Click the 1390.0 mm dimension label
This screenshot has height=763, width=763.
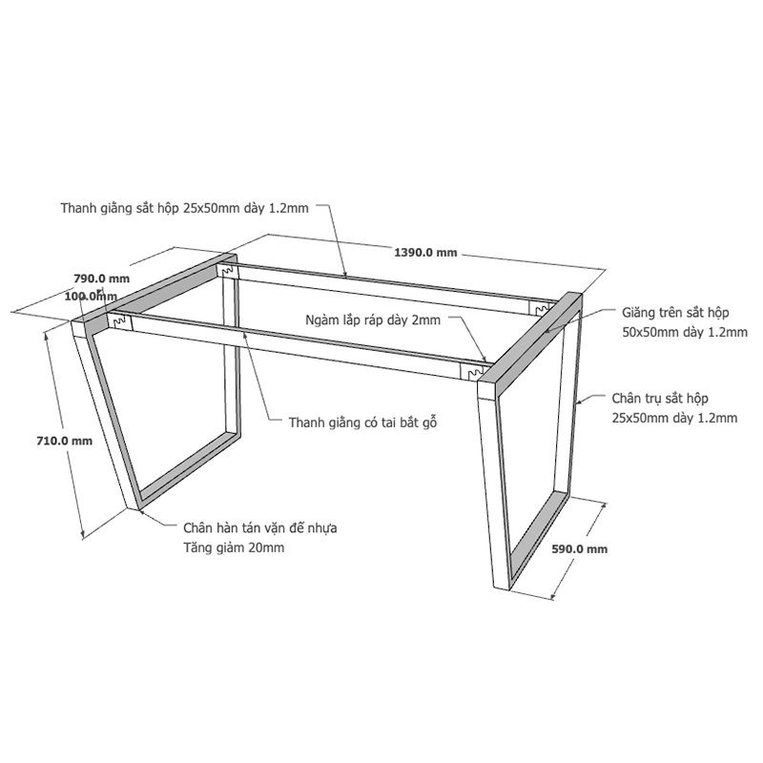(x=425, y=252)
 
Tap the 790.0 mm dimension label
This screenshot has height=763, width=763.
(x=102, y=278)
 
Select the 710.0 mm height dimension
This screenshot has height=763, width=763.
(x=64, y=441)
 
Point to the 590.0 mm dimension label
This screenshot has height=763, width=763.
(x=580, y=549)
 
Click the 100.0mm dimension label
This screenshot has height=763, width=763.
(x=91, y=296)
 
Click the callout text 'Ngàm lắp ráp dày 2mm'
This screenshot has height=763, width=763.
(x=373, y=320)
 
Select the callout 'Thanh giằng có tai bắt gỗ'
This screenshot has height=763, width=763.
(x=362, y=423)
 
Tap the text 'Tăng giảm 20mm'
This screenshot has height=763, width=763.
(x=234, y=547)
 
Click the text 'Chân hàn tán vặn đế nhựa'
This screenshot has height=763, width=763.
(x=259, y=528)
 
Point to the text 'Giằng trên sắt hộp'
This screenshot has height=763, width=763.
(x=675, y=313)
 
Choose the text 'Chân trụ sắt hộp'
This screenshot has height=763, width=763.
(x=660, y=398)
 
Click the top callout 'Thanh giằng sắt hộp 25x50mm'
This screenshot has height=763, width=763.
(x=184, y=208)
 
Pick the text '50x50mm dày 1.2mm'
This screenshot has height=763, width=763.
(x=685, y=332)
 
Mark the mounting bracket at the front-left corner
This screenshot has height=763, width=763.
(x=120, y=321)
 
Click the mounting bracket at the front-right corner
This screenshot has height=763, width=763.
(x=471, y=372)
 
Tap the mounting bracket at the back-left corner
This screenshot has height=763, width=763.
(x=228, y=270)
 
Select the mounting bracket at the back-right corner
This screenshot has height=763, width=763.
(x=539, y=309)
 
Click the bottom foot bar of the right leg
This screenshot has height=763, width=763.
(x=538, y=541)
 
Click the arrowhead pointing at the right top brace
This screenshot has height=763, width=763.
(x=547, y=330)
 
